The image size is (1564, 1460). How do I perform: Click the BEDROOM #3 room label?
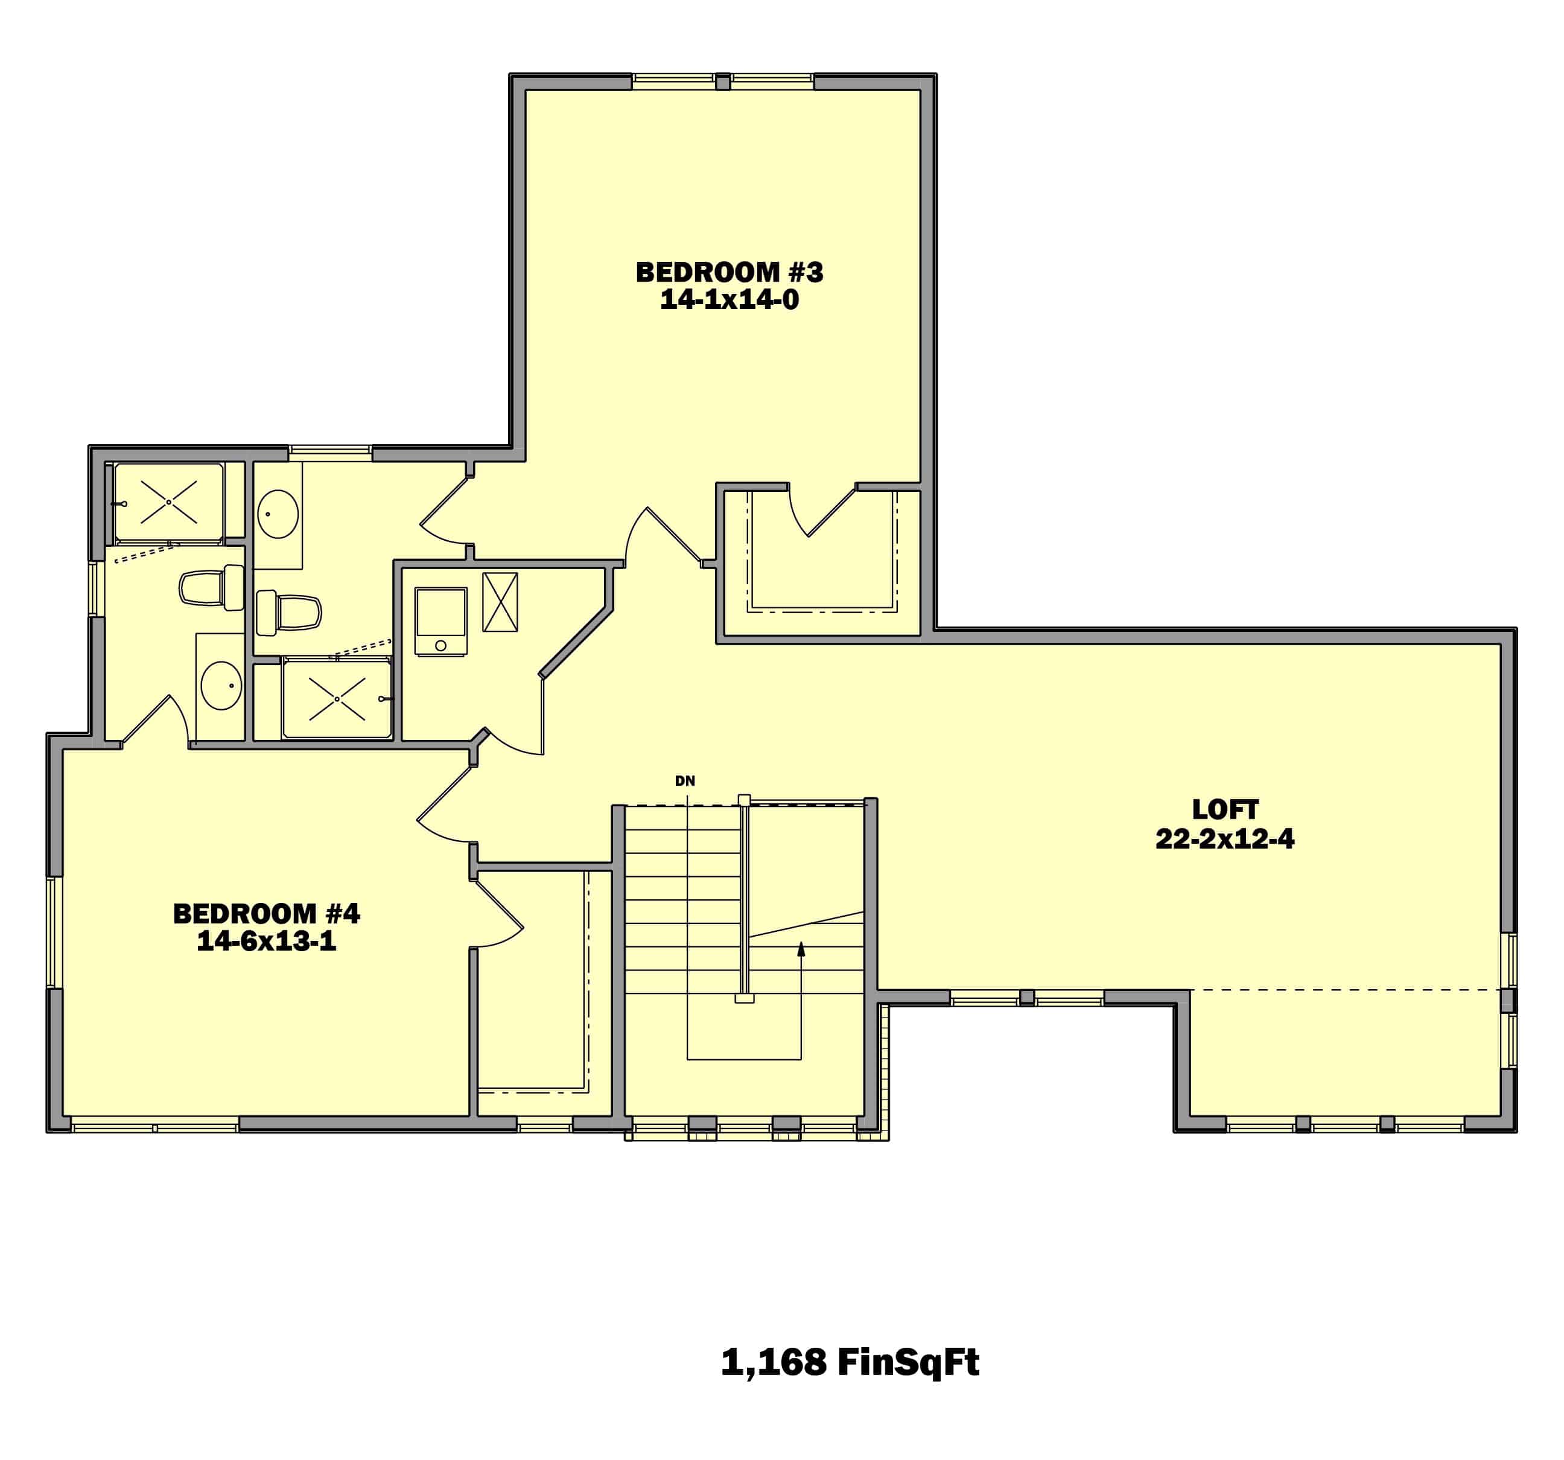click(730, 272)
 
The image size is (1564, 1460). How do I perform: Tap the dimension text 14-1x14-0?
click(730, 300)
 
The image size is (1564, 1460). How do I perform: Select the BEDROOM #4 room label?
click(267, 914)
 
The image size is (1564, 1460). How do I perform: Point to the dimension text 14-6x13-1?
click(267, 942)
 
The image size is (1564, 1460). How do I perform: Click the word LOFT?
click(1225, 809)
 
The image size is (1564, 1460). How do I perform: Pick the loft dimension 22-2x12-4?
click(1225, 839)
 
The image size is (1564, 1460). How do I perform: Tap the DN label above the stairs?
click(685, 781)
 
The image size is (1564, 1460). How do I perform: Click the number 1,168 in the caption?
click(774, 1362)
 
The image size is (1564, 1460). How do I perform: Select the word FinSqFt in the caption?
click(908, 1362)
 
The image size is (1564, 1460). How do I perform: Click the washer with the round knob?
click(440, 621)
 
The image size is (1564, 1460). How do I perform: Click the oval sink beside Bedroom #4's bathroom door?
click(221, 686)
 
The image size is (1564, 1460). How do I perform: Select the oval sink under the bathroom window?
click(278, 514)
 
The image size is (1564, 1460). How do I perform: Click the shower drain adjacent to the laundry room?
click(337, 699)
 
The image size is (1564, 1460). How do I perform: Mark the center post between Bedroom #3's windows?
click(723, 81)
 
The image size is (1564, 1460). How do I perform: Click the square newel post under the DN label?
click(744, 800)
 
